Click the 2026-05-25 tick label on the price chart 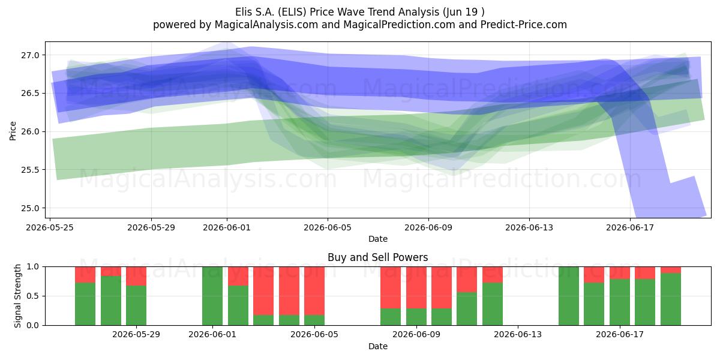[x=49, y=227]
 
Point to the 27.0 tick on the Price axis [x=30, y=55]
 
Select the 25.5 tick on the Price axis [x=30, y=170]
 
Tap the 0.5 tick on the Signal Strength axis [x=32, y=296]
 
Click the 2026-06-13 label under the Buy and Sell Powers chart [x=517, y=335]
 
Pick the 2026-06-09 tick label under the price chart [x=428, y=227]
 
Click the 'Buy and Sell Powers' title [x=377, y=257]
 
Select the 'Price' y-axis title [x=13, y=131]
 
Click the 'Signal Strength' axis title [x=17, y=296]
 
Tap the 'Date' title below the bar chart [x=377, y=346]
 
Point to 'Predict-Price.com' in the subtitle [x=524, y=25]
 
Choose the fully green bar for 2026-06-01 [x=212, y=296]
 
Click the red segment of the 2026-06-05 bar [x=314, y=291]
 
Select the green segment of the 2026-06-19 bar [x=671, y=299]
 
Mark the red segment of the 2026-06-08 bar [x=391, y=287]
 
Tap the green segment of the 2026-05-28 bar [x=136, y=305]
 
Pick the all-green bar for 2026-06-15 [x=569, y=296]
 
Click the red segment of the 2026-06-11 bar [x=467, y=280]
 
